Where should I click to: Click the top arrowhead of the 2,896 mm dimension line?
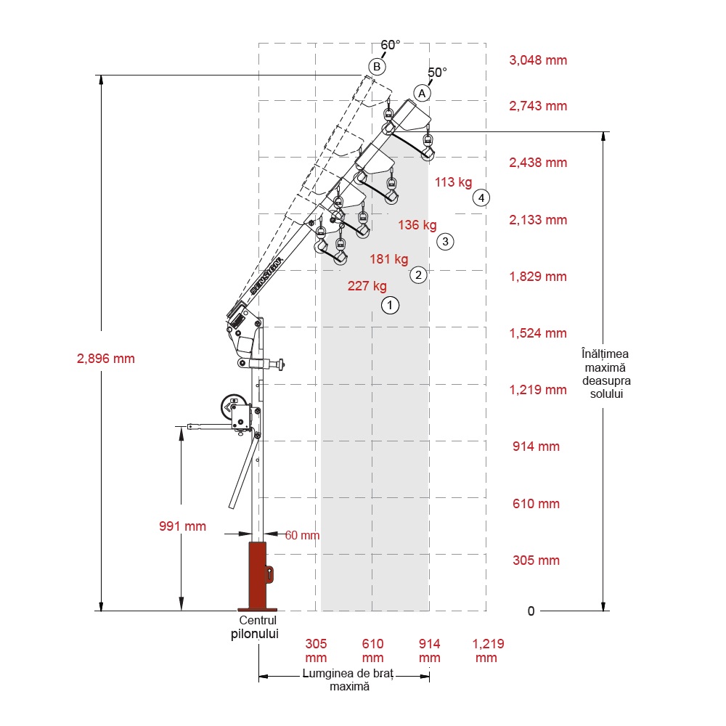tap(101, 76)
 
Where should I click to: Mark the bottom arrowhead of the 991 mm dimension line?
tap(181, 610)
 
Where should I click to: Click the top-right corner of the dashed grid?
tap(486, 44)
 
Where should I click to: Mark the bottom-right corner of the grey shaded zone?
tap(428, 611)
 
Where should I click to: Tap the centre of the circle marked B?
tap(377, 67)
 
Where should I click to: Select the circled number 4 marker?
tap(481, 197)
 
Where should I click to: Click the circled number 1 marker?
tap(390, 305)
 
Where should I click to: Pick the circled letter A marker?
tap(422, 94)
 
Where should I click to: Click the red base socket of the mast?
tap(258, 576)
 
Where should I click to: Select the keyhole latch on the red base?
tap(269, 574)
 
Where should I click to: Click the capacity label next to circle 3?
tap(417, 225)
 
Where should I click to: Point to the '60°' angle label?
tap(391, 45)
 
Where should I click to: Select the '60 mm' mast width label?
tap(302, 535)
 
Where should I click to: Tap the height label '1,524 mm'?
tap(538, 333)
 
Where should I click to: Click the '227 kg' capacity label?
tap(367, 286)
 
